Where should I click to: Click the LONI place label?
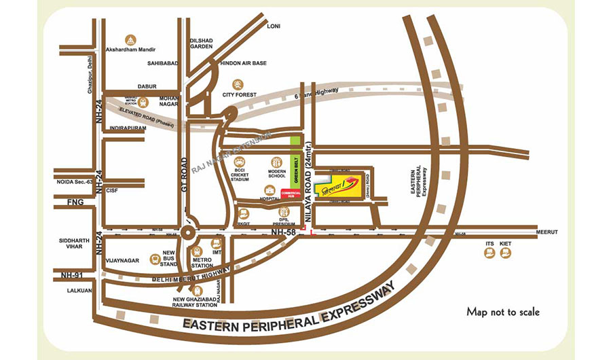[274, 26]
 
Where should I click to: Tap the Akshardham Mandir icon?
[130, 39]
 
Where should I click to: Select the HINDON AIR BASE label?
[244, 63]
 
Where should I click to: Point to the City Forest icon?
[238, 84]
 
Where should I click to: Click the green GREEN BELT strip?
[295, 162]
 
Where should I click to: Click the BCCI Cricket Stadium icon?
[240, 162]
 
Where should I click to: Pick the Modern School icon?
[276, 162]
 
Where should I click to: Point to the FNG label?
[75, 202]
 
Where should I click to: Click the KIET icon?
[505, 253]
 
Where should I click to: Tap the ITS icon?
[489, 253]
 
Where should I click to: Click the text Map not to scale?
[503, 312]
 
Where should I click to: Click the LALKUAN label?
[70, 289]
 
